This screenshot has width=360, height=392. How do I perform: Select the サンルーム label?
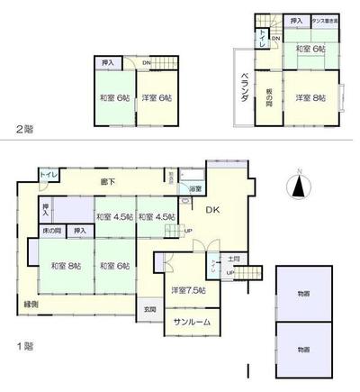pyautogui.click(x=185, y=322)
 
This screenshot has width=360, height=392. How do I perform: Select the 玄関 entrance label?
pyautogui.click(x=149, y=310)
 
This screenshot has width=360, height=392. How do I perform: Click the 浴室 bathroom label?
pyautogui.click(x=195, y=189)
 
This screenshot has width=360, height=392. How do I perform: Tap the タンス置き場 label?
pyautogui.click(x=323, y=20)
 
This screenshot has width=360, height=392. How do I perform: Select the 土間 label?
pyautogui.click(x=232, y=259)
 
